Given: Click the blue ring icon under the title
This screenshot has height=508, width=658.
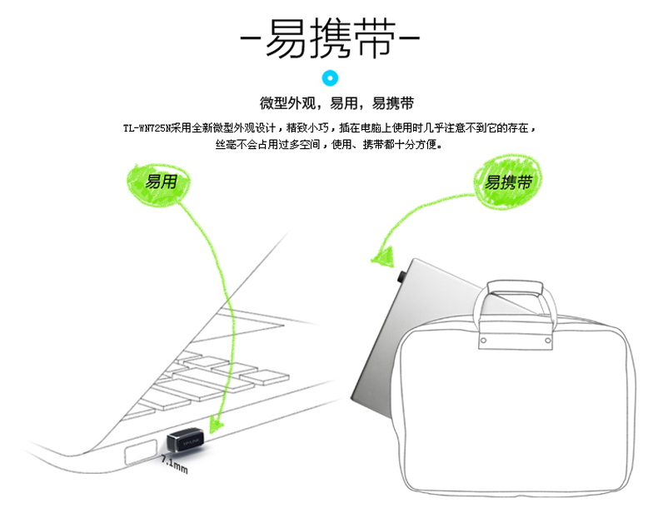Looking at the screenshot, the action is click(330, 78).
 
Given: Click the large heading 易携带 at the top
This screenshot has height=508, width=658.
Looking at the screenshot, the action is click(331, 37).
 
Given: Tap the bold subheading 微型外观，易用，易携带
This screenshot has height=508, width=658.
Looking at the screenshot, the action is click(336, 103).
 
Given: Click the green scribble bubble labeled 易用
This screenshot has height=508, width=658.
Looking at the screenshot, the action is click(159, 184).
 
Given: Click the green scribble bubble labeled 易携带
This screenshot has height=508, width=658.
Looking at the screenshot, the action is click(508, 182).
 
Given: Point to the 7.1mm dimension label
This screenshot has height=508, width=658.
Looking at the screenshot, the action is click(175, 465).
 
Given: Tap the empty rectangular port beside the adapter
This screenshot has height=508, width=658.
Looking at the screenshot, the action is click(141, 452).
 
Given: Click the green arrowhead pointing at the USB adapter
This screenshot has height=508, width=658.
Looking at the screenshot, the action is click(216, 424).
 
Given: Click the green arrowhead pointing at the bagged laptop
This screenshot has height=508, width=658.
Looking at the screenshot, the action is click(382, 256).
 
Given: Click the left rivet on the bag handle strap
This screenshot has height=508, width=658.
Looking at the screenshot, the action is click(483, 341).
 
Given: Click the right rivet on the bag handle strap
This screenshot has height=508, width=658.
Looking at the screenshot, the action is click(547, 341).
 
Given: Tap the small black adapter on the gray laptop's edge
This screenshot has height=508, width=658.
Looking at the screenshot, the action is click(401, 276).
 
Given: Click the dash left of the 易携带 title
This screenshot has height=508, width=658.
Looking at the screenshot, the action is click(251, 38).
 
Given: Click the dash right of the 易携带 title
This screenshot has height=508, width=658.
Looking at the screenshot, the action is click(409, 38).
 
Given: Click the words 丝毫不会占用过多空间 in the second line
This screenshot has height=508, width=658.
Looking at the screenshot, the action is click(267, 145).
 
